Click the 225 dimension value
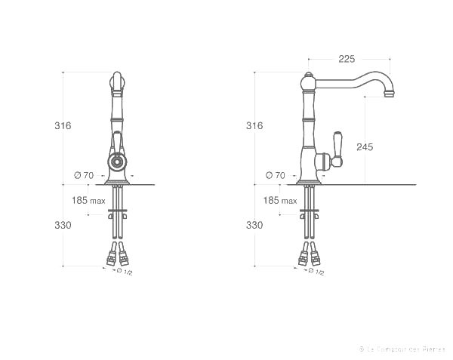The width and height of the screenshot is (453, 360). (347, 58)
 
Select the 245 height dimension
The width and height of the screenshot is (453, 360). (365, 147)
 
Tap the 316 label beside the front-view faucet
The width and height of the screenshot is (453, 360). (63, 126)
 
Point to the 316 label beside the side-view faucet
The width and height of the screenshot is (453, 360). (254, 126)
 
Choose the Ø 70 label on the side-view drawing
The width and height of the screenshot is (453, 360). (276, 175)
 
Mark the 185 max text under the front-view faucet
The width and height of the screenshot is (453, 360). (88, 201)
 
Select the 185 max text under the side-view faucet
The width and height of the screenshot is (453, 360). (280, 201)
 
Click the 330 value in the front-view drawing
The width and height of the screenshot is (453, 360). (63, 225)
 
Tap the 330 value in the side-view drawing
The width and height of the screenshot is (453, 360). (254, 225)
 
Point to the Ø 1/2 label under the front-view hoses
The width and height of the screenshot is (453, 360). (124, 271)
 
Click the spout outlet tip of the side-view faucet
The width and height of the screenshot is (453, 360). (390, 95)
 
